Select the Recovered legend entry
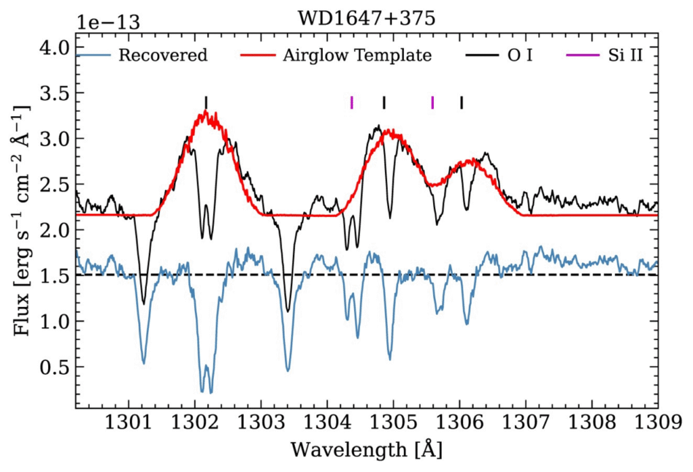162,55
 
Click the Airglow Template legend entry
357,55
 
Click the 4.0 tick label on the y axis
54,47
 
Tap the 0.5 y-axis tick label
54,367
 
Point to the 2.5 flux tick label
54,185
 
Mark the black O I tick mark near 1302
206,102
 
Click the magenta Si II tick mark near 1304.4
352,102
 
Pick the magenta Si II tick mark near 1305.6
432,102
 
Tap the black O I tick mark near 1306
462,102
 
